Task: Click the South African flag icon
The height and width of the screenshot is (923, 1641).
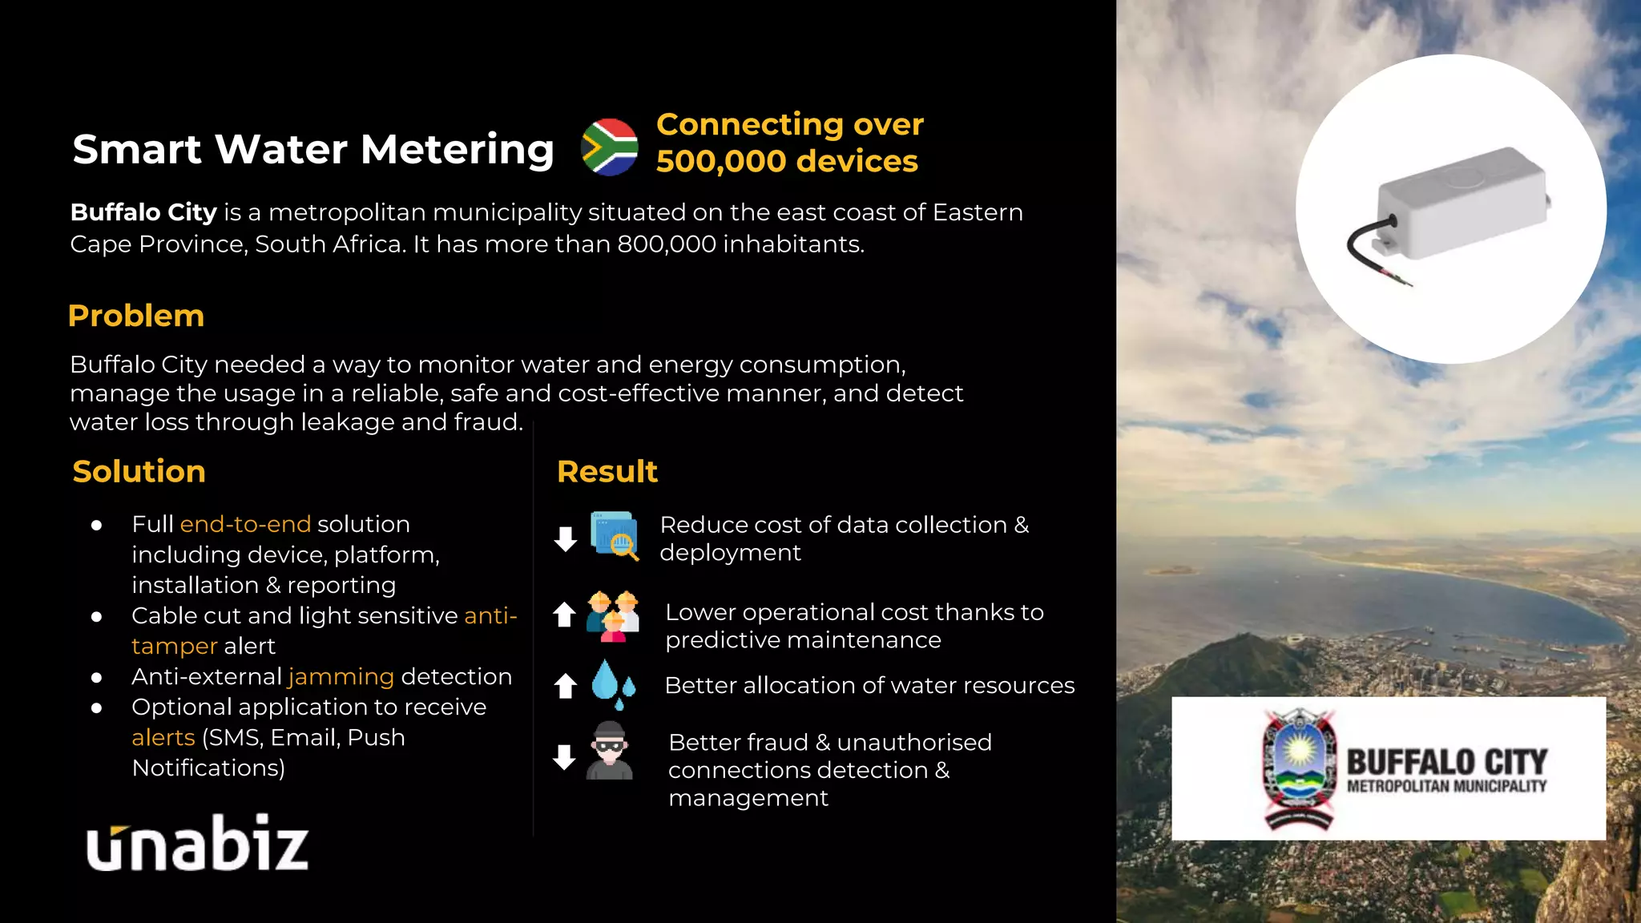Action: click(x=610, y=147)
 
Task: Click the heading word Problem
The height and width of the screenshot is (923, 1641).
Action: click(x=136, y=316)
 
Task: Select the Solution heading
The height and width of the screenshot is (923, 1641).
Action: click(x=139, y=471)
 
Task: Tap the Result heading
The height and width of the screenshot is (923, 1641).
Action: click(x=607, y=471)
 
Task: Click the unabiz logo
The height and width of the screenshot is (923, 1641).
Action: click(x=197, y=844)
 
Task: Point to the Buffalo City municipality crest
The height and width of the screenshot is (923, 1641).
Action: click(x=1298, y=768)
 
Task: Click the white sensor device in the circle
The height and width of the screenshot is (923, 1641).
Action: click(x=1462, y=204)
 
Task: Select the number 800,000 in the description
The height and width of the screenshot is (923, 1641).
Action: click(x=666, y=244)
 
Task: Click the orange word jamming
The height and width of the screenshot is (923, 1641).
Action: click(x=341, y=676)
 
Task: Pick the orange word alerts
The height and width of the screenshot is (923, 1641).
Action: click(x=163, y=737)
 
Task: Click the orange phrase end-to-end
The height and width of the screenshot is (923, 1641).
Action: click(x=245, y=524)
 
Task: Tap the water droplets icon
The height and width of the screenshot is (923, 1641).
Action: click(x=613, y=683)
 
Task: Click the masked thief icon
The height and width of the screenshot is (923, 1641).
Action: click(x=610, y=751)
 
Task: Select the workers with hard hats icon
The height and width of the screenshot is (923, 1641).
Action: click(x=613, y=615)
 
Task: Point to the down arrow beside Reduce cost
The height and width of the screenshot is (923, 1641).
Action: click(x=566, y=538)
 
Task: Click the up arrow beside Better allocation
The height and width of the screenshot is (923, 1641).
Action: click(x=566, y=685)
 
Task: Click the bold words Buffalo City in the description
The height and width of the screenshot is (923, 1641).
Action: click(x=144, y=212)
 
